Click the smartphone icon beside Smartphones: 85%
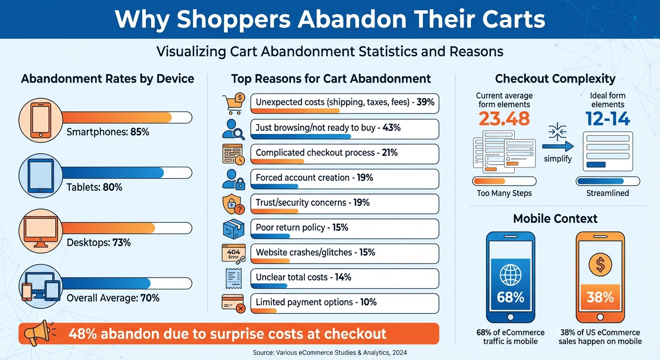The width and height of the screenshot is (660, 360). tap(40, 120)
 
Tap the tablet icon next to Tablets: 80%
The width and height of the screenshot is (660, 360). tap(40, 175)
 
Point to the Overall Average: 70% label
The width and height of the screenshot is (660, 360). tap(113, 298)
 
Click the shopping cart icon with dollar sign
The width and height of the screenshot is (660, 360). tap(233, 103)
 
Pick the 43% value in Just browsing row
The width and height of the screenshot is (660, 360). tap(391, 127)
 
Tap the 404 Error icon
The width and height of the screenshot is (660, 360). tap(233, 253)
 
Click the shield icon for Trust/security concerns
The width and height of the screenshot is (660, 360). tap(233, 204)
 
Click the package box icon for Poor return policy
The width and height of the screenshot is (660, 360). tap(233, 229)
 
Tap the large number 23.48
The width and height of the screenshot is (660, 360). tap(504, 119)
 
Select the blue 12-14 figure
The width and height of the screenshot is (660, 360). tap(607, 119)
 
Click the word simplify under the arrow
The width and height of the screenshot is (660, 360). tap(558, 159)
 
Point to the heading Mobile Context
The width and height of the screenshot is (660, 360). tap(555, 218)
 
